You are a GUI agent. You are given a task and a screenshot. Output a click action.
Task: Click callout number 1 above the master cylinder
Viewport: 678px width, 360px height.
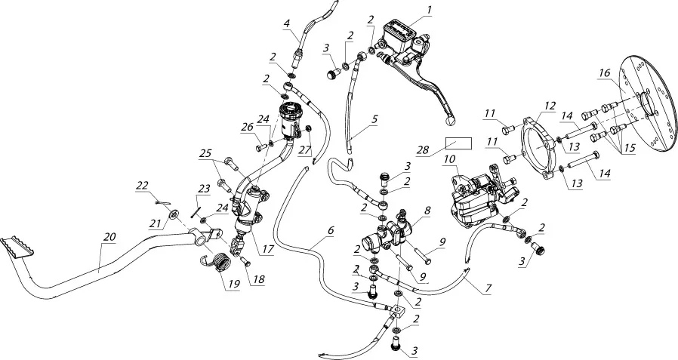click(429, 10)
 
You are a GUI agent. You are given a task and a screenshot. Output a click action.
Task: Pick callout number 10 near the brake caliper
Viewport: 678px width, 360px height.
click(449, 160)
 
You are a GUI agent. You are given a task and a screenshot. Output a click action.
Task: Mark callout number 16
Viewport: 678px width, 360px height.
click(604, 73)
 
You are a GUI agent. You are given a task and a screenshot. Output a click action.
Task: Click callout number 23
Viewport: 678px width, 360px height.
click(203, 189)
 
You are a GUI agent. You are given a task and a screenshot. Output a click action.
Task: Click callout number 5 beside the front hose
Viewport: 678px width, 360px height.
click(375, 118)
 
